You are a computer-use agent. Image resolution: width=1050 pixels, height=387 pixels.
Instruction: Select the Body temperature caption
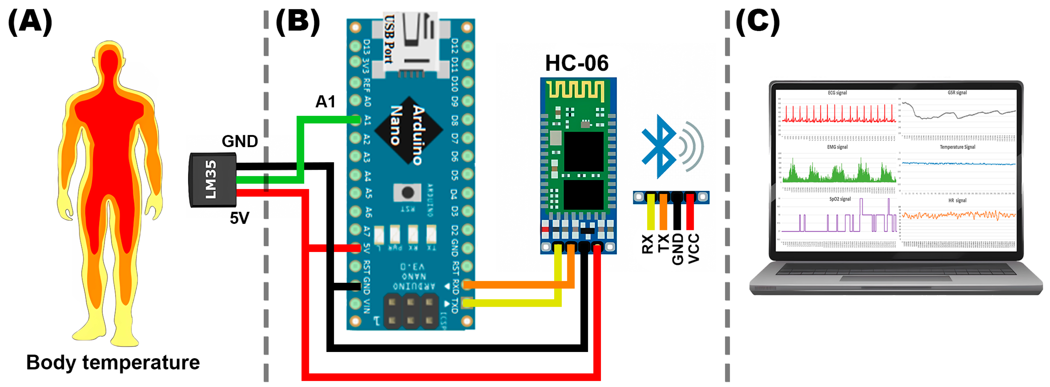(113, 362)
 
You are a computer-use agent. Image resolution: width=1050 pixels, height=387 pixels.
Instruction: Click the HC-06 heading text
(576, 63)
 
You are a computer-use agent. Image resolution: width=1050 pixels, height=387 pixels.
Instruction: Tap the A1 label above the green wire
(325, 102)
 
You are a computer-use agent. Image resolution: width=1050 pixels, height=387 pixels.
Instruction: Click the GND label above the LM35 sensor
(240, 141)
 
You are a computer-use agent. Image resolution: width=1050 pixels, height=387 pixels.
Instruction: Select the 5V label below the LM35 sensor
(240, 218)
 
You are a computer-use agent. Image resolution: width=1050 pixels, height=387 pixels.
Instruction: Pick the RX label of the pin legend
(647, 244)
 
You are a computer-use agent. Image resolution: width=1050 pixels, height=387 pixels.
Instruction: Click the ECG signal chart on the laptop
(838, 112)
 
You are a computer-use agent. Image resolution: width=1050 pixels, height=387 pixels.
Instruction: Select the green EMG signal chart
(838, 169)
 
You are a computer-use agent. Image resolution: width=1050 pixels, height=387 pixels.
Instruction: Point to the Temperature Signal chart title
(957, 147)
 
